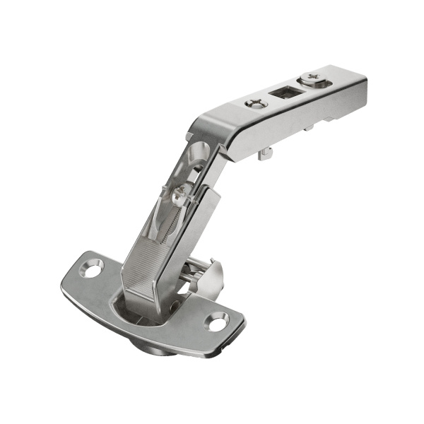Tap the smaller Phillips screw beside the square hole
pyautogui.click(x=253, y=104)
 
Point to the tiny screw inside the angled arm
pyautogui.click(x=179, y=190)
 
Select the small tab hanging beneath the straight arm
pyautogui.click(x=266, y=153)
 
